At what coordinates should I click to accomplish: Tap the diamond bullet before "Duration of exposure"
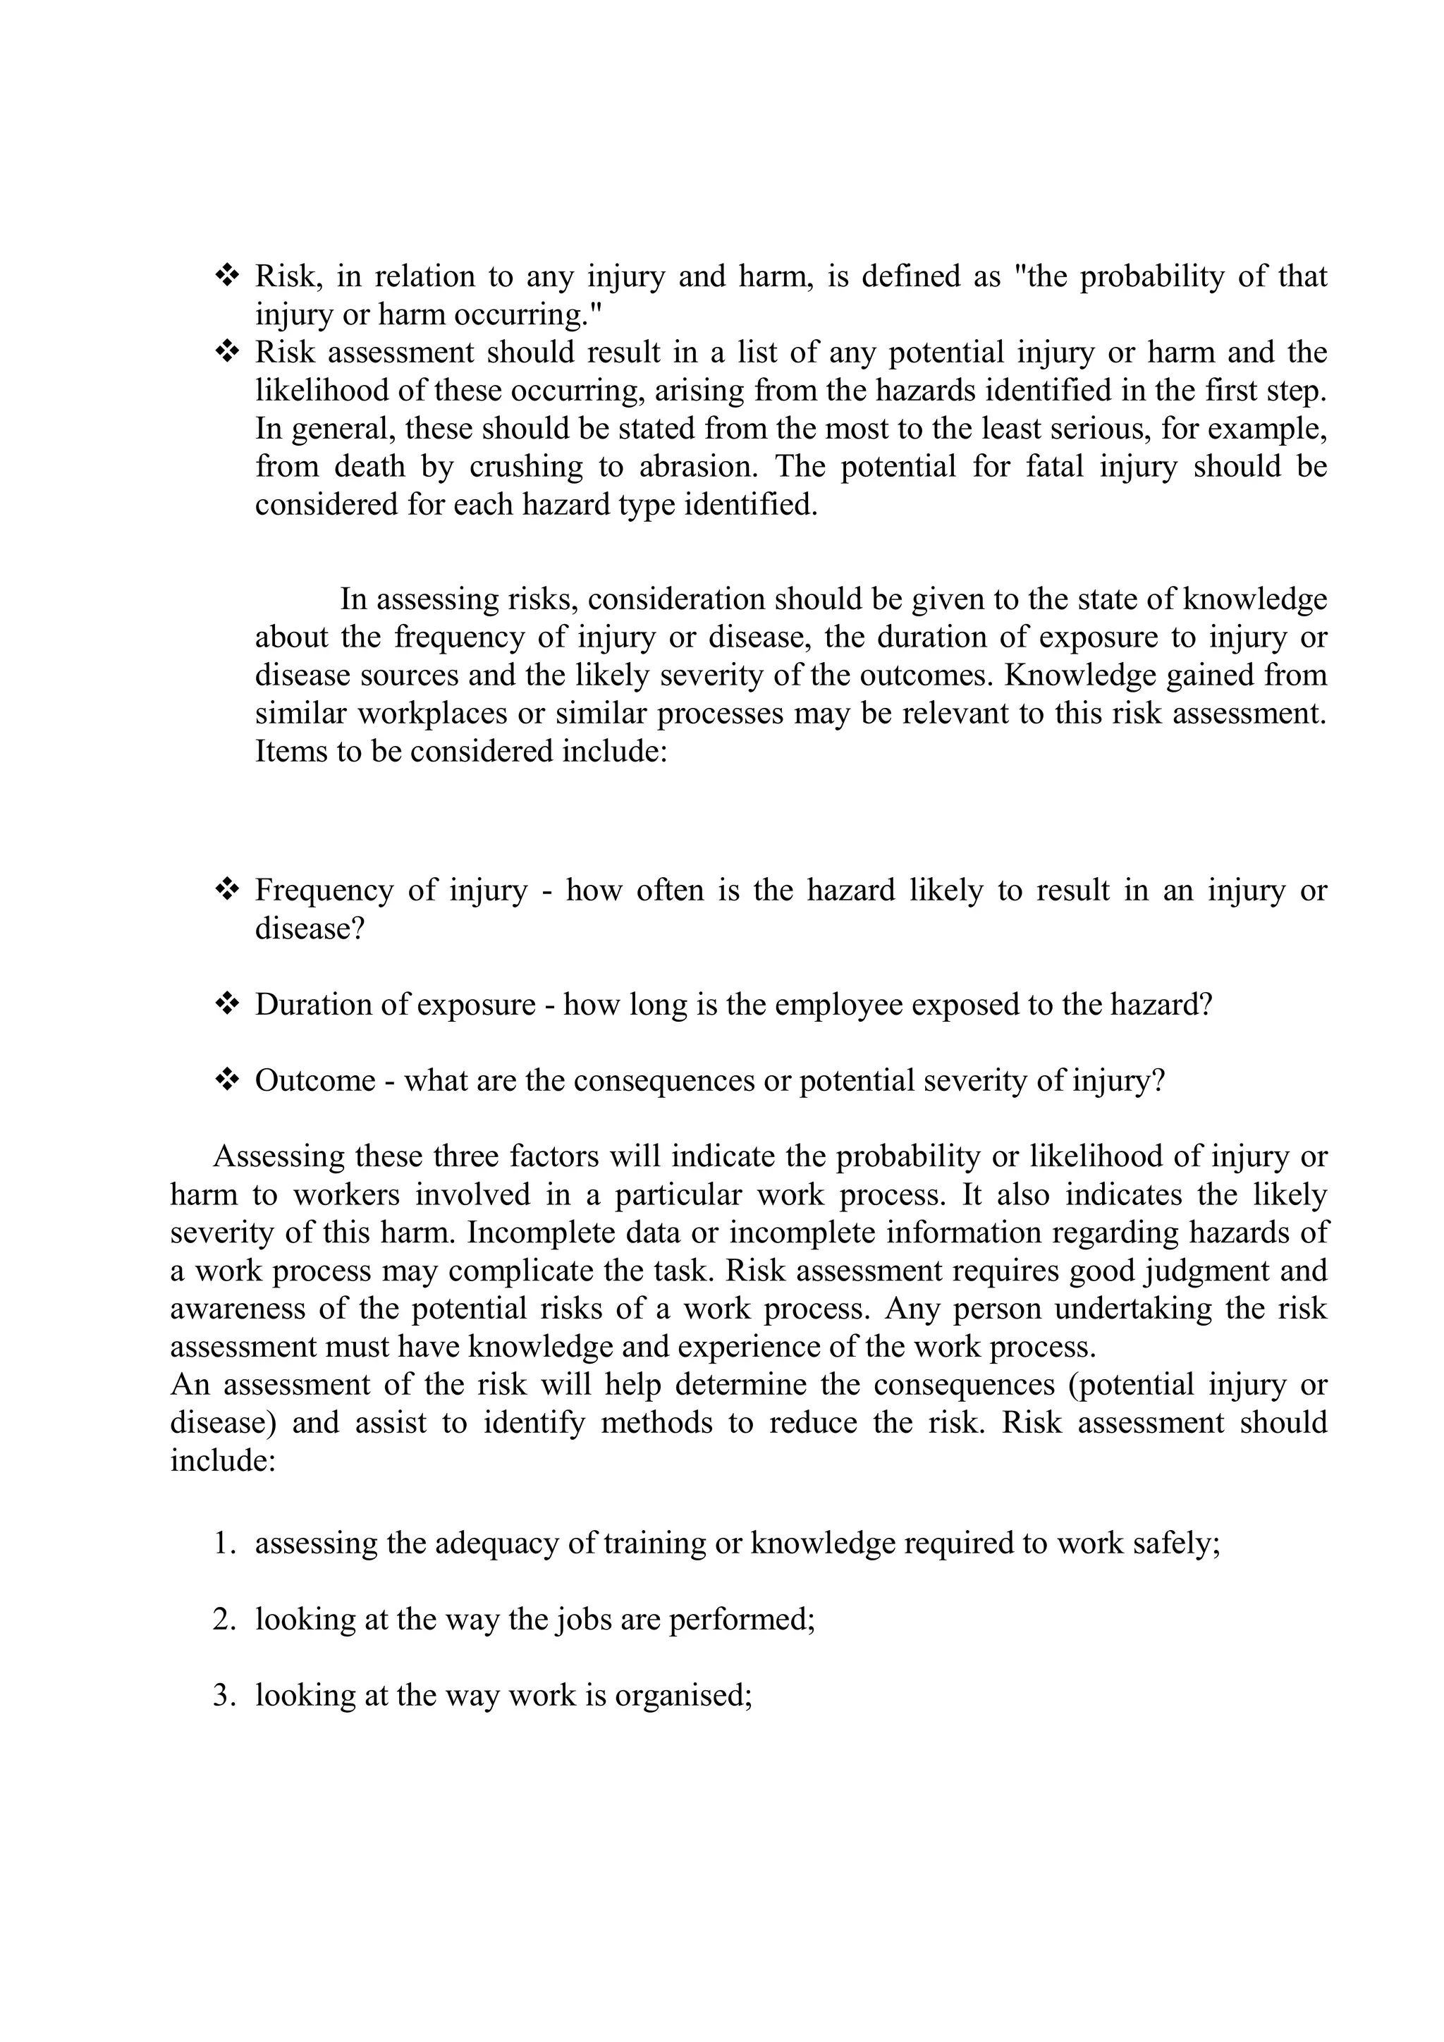point(228,1004)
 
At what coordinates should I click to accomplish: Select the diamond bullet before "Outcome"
point(228,1080)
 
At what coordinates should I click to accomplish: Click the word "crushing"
point(527,467)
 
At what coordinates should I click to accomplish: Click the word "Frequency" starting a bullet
point(324,891)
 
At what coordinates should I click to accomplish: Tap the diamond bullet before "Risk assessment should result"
point(228,352)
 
